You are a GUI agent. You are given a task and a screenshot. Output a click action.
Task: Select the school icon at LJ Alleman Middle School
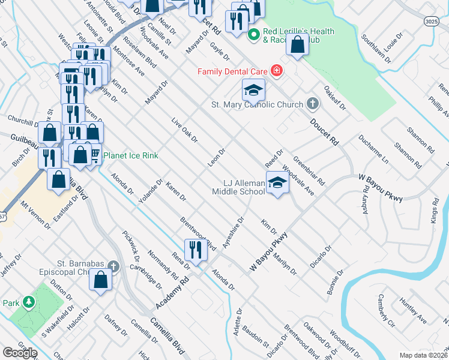pyautogui.click(x=277, y=183)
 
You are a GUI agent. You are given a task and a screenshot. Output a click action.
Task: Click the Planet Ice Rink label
pyautogui.click(x=131, y=156)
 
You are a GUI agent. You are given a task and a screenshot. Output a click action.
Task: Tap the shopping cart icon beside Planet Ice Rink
pyautogui.click(x=94, y=156)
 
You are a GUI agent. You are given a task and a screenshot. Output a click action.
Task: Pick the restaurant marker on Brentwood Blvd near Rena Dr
pyautogui.click(x=196, y=249)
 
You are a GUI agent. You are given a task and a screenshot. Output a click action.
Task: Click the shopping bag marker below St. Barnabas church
pyautogui.click(x=101, y=279)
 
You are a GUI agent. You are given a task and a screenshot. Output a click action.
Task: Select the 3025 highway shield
pyautogui.click(x=431, y=21)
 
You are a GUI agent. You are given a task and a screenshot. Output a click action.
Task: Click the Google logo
pyautogui.click(x=20, y=353)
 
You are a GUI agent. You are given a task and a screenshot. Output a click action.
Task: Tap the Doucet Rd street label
pyautogui.click(x=325, y=133)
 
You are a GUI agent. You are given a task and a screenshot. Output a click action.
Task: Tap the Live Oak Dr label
pyautogui.click(x=184, y=130)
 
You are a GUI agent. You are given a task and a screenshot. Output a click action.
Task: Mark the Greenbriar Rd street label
pyautogui.click(x=309, y=170)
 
